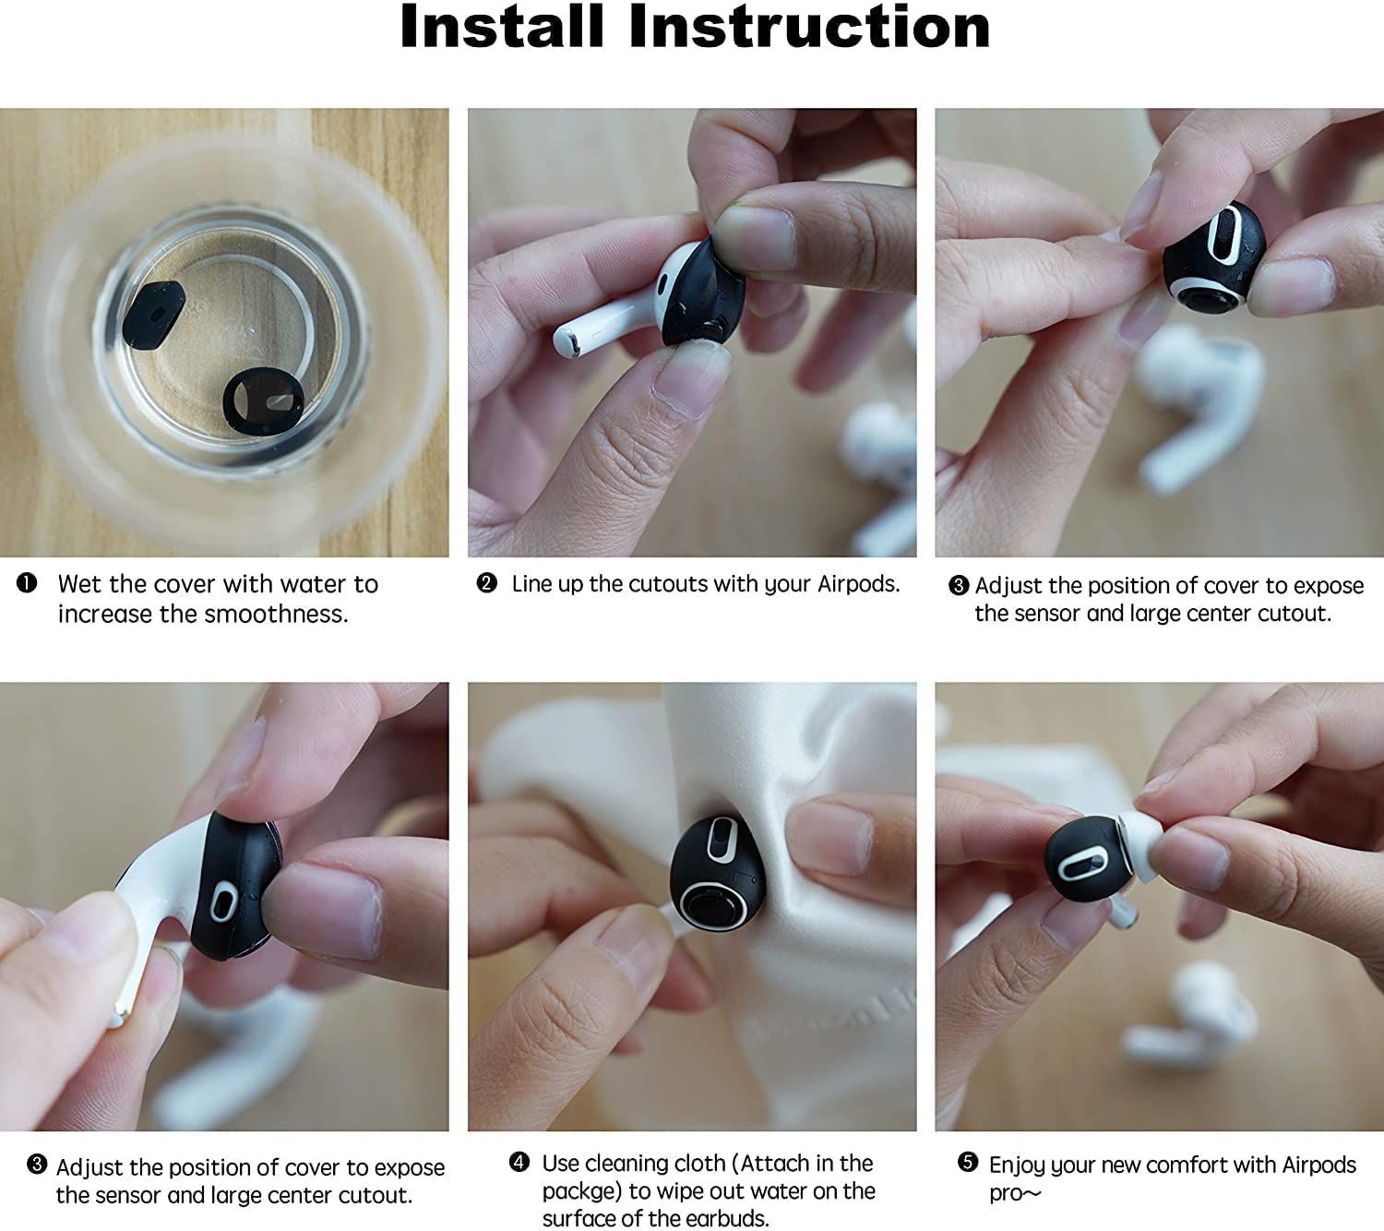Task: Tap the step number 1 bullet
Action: click(x=27, y=583)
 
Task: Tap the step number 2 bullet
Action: click(x=486, y=583)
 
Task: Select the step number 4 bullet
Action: click(x=519, y=1162)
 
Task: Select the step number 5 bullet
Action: click(x=967, y=1161)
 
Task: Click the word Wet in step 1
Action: click(x=80, y=584)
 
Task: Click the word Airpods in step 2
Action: click(x=858, y=584)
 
